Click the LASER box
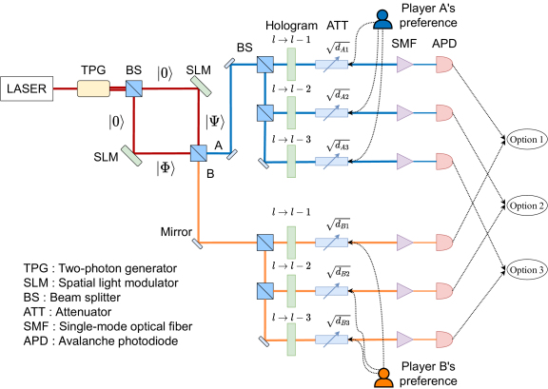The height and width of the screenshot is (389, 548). click(27, 88)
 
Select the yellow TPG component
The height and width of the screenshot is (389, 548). click(93, 88)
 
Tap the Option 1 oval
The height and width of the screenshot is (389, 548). click(526, 139)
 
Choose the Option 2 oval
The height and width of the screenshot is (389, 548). click(526, 205)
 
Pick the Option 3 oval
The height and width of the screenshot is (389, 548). click(526, 269)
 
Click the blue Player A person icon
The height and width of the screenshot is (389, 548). click(382, 19)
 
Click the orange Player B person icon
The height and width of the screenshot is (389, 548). click(383, 379)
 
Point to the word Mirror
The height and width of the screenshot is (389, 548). click(176, 232)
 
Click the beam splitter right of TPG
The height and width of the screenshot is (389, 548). click(134, 88)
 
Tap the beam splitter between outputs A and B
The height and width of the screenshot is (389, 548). click(199, 153)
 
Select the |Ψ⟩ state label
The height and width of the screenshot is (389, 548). click(215, 123)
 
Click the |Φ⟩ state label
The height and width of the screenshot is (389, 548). click(166, 168)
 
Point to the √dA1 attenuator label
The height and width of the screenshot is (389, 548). click(338, 48)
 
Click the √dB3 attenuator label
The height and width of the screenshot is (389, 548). click(339, 321)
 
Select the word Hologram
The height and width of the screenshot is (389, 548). click(291, 26)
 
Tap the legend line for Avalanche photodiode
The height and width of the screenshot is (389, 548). click(101, 340)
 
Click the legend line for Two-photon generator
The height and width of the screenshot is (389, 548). click(100, 268)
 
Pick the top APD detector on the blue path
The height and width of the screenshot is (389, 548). click(444, 65)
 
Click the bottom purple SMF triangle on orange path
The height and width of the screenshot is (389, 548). click(405, 340)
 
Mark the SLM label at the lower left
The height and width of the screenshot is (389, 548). click(106, 157)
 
